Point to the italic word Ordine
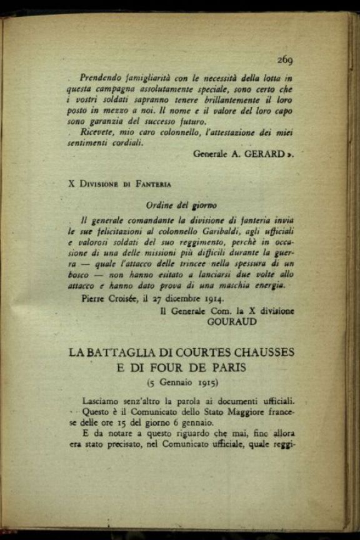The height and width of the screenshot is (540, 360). pyautogui.click(x=160, y=205)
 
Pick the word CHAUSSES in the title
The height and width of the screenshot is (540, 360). pyautogui.click(x=261, y=352)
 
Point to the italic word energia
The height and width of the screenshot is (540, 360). pyautogui.click(x=267, y=285)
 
